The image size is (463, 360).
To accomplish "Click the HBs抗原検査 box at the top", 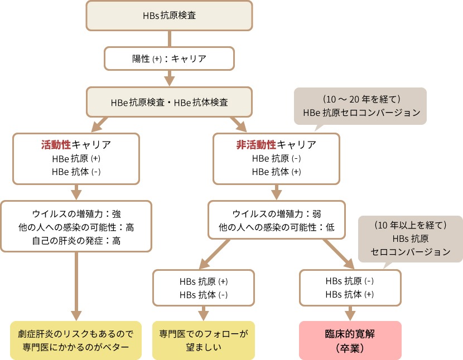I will (x=169, y=16).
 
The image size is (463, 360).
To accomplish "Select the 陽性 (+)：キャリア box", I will (x=169, y=57).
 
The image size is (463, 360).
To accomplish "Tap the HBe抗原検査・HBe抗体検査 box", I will (x=169, y=102).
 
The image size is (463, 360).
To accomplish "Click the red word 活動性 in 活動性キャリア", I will (x=56, y=145).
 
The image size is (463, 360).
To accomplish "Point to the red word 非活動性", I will (x=257, y=145).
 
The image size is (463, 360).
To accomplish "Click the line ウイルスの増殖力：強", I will (x=76, y=213).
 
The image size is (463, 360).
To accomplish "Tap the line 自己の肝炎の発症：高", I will (x=76, y=241).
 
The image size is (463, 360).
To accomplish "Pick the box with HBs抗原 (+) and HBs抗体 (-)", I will (x=204, y=288).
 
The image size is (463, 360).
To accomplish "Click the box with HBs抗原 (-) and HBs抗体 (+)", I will (x=349, y=288).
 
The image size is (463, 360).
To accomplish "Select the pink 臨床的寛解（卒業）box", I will (x=350, y=340).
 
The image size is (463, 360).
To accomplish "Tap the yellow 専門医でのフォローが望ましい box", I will (x=204, y=340).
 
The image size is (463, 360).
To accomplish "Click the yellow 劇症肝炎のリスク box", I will (x=76, y=340).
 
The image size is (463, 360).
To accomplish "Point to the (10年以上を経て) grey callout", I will (x=410, y=239).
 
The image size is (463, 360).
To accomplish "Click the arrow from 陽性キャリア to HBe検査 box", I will (x=169, y=77).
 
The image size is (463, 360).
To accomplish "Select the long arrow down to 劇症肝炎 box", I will (x=76, y=284).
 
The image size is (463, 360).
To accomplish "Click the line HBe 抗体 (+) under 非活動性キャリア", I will (x=277, y=172).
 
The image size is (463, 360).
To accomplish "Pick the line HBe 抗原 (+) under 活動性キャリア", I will (x=76, y=158).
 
